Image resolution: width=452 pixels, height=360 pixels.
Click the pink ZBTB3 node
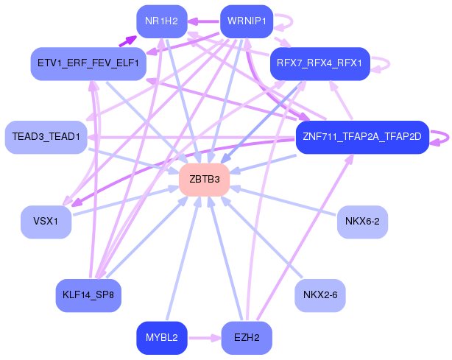[205, 180]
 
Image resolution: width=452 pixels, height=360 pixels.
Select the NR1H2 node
[161, 21]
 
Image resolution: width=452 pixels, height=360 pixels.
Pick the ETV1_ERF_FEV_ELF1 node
[87, 63]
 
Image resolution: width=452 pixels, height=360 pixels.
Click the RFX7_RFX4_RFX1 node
[319, 63]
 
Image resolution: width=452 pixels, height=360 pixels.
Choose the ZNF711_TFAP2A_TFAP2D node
[361, 137]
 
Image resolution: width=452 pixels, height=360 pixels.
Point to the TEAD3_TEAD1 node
[45, 137]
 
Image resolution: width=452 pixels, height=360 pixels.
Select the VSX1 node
[46, 222]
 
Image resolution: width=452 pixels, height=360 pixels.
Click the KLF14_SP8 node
[88, 295]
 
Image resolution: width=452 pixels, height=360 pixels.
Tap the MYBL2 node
[161, 338]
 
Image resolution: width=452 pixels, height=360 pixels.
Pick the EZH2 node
[247, 338]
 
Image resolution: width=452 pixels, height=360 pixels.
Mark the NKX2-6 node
[319, 295]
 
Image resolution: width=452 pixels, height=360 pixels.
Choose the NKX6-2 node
[362, 222]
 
